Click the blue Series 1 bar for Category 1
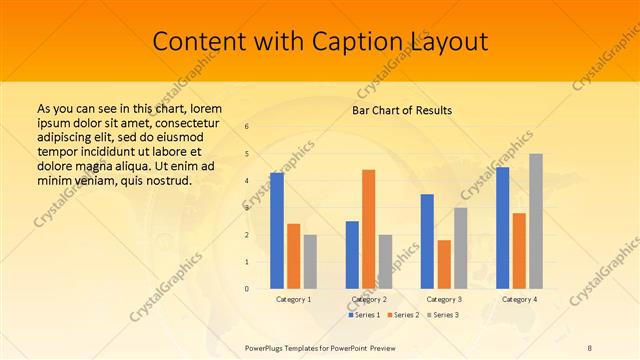tap(277, 230)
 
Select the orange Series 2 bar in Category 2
tap(369, 229)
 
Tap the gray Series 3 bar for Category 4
tap(536, 221)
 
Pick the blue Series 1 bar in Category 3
tap(427, 241)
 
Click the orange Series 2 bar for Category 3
tap(444, 264)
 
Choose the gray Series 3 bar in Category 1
tap(310, 261)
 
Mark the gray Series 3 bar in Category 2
tap(385, 261)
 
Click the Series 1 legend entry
tap(364, 315)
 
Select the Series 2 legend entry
tap(403, 315)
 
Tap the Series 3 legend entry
tap(443, 315)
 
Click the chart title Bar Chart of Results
tap(402, 110)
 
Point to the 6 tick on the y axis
tap(248, 127)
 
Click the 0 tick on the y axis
tap(248, 289)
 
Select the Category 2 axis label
tap(369, 299)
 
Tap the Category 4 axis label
tap(519, 299)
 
